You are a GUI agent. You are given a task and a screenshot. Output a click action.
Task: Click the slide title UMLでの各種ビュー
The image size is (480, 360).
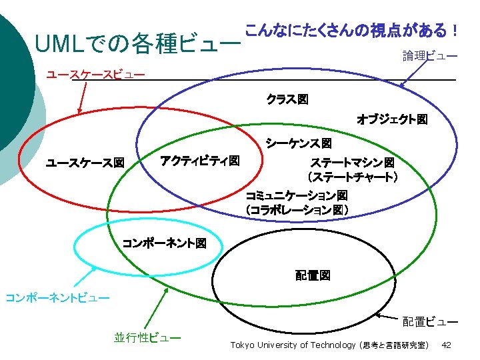tap(139, 45)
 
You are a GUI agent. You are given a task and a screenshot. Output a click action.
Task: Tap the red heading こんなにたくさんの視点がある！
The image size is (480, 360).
tap(351, 30)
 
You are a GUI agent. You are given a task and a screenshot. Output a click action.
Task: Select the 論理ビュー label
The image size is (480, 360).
tap(429, 56)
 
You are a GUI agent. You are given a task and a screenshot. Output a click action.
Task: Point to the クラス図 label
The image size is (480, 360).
tap(287, 99)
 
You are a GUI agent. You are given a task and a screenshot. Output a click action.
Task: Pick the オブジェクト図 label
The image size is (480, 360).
tap(392, 120)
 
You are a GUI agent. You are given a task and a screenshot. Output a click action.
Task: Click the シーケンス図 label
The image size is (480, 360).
tap(298, 143)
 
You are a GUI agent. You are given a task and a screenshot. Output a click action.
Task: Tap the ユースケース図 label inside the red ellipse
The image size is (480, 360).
tap(85, 163)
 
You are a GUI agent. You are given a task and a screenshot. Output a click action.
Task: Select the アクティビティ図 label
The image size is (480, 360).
tap(199, 161)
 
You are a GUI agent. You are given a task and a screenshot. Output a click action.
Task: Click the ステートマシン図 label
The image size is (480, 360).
tap(352, 163)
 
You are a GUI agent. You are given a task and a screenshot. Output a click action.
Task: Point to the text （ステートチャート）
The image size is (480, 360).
tap(352, 177)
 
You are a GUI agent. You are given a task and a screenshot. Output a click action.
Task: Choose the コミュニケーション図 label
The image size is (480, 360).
tap(296, 196)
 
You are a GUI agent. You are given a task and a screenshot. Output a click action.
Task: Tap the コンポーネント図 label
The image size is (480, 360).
tap(164, 243)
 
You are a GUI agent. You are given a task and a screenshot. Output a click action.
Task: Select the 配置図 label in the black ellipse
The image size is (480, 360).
tap(313, 275)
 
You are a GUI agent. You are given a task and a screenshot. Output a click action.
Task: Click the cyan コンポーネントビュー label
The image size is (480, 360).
tap(57, 297)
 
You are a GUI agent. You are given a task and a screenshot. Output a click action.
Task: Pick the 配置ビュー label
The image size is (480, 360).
tap(429, 322)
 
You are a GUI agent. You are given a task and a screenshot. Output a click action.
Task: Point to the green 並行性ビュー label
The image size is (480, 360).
tap(147, 338)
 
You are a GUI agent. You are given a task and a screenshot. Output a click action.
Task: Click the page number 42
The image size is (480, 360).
tap(447, 345)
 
